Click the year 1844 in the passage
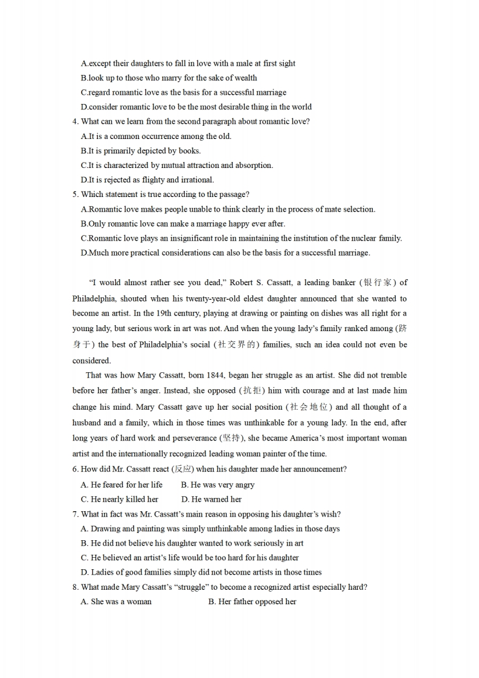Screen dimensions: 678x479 (216, 375)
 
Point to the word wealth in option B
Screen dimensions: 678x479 (245, 78)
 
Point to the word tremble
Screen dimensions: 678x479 (392, 375)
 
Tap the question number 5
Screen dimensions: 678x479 (75, 194)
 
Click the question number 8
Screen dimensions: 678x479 (75, 587)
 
